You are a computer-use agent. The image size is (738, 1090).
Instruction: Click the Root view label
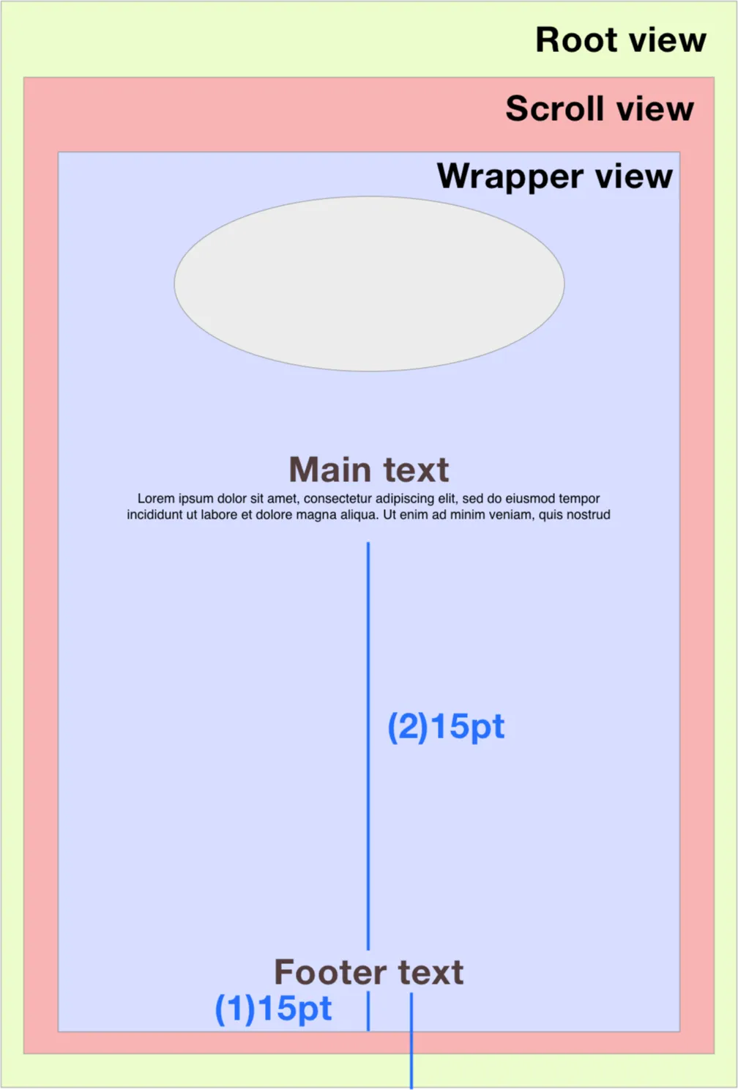point(621,40)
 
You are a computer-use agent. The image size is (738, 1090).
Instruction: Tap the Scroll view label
point(599,109)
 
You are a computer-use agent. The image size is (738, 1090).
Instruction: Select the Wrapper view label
point(554,177)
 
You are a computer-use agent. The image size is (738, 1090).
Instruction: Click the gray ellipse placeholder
point(369,283)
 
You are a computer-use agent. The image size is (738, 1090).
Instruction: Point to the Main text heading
point(369,470)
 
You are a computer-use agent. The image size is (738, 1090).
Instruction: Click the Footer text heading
point(369,973)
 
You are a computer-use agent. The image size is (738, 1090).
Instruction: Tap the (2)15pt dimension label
point(446,727)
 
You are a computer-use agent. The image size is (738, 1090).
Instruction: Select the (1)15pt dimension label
point(273,1009)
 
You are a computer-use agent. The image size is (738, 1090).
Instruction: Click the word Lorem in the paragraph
point(156,499)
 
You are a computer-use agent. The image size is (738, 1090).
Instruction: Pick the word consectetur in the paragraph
point(338,499)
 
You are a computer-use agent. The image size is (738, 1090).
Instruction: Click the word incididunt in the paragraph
point(154,515)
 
